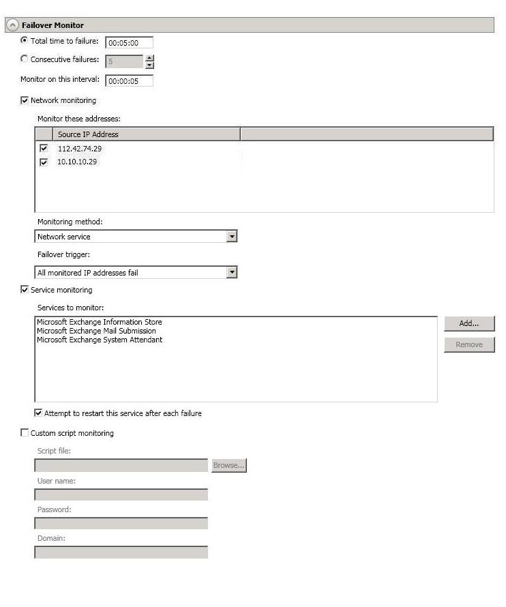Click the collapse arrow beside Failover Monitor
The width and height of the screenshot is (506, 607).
click(x=12, y=25)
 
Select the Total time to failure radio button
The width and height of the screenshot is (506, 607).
click(x=25, y=41)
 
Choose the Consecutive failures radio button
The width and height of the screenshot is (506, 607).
click(x=25, y=59)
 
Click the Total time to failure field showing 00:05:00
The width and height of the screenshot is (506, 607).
click(x=129, y=43)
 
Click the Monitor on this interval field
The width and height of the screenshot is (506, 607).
click(x=129, y=81)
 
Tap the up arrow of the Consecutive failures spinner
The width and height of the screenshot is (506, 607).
click(x=150, y=58)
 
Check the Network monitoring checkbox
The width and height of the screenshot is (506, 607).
click(x=25, y=100)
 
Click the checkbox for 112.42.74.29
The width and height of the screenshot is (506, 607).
click(x=44, y=148)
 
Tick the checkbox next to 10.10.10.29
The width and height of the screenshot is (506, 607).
click(x=44, y=162)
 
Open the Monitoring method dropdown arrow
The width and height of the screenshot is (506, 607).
click(x=232, y=237)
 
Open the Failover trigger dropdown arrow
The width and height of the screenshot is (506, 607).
click(x=232, y=273)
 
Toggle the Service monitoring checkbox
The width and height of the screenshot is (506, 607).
click(x=25, y=290)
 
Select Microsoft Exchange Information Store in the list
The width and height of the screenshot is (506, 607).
click(x=100, y=322)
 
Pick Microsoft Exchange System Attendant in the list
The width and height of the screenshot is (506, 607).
click(x=100, y=340)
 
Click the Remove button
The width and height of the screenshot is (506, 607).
click(x=469, y=344)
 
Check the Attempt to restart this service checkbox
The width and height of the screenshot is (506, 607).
click(x=38, y=413)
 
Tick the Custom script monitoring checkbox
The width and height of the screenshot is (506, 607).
click(x=25, y=433)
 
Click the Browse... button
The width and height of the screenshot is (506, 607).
click(x=228, y=465)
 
